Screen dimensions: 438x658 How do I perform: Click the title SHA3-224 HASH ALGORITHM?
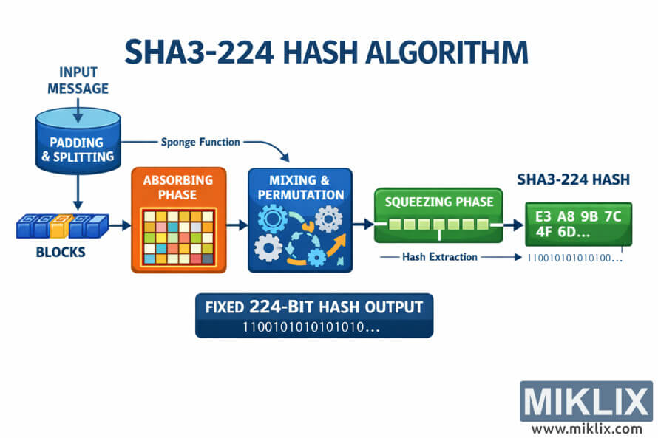326,53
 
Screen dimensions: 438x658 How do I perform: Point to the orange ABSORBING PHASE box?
177,220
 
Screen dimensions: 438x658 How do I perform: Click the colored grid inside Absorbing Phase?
177,237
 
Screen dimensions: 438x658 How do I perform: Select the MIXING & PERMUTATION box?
299,220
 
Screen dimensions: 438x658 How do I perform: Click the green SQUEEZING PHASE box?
438,214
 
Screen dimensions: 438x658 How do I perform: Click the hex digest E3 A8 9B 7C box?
578,224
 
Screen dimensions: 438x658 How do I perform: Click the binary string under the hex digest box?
574,259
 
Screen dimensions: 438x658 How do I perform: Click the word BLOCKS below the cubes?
61,252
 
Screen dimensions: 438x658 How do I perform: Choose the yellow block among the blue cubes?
62,226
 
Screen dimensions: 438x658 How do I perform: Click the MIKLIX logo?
586,402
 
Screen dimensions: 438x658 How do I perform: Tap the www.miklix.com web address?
586,428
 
